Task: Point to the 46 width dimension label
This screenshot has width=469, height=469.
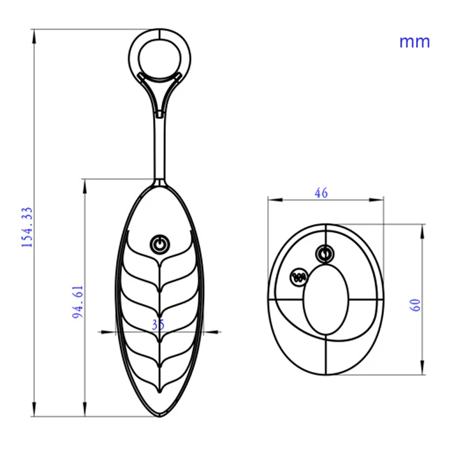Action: coord(321,192)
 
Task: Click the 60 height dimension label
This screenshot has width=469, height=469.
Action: coord(416,305)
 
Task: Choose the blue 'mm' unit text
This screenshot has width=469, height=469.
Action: coord(414,42)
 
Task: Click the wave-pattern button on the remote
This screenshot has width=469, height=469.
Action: coord(300,276)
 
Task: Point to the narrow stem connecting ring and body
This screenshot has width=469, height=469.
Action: coord(159,147)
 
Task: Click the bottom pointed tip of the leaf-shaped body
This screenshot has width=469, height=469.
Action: coord(159,415)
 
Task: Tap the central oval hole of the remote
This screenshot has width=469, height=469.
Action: coord(326,302)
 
